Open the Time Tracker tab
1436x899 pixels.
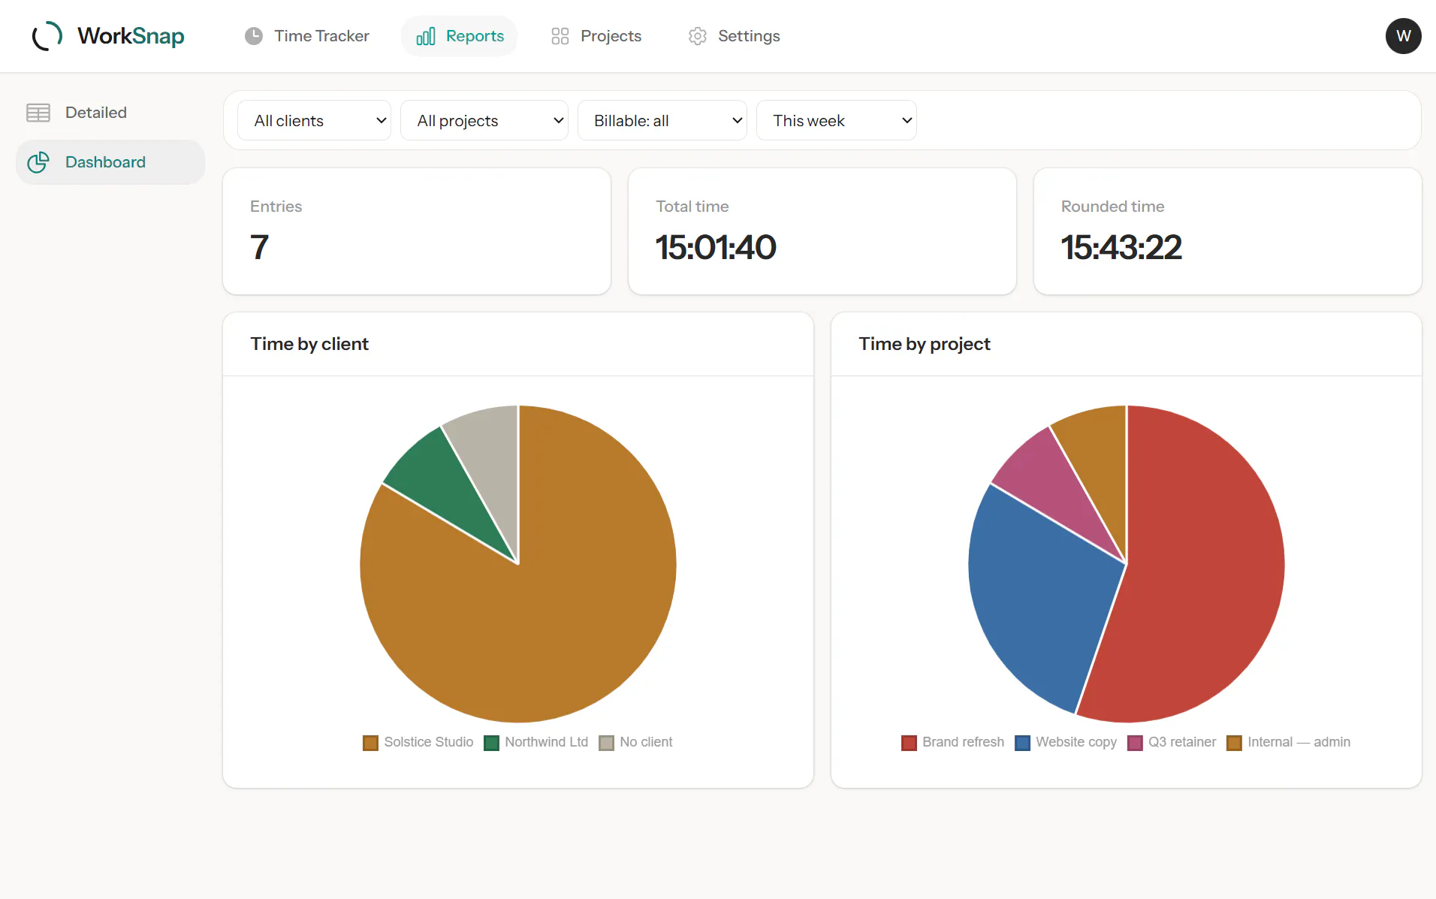(x=306, y=36)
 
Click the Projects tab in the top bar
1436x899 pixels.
(x=596, y=36)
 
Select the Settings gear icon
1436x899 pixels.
(x=698, y=36)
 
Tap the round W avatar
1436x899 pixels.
(x=1403, y=36)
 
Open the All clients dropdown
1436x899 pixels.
(x=314, y=120)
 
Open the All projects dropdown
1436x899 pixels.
(x=484, y=120)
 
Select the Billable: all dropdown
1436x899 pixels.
(x=662, y=120)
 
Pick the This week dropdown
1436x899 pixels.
(x=836, y=120)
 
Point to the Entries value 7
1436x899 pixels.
(x=259, y=247)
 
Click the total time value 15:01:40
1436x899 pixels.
(x=716, y=247)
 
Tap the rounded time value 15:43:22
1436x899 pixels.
(x=1121, y=247)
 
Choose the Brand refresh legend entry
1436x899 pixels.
(x=952, y=742)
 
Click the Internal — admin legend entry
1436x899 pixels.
(x=1288, y=742)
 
